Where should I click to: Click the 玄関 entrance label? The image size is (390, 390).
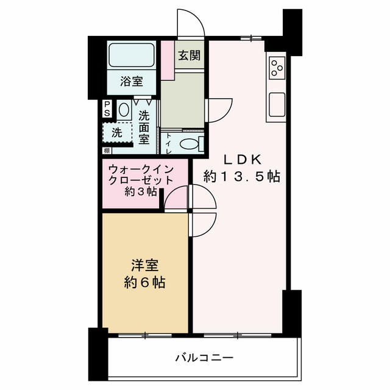pyautogui.click(x=190, y=55)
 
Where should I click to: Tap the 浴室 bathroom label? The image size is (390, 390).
pyautogui.click(x=132, y=81)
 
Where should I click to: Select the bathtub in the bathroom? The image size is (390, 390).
pyautogui.click(x=132, y=55)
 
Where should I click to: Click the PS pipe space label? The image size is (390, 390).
pyautogui.click(x=107, y=108)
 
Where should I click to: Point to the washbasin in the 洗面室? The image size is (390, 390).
pyautogui.click(x=124, y=110)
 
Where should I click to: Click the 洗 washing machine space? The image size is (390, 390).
pyautogui.click(x=117, y=133)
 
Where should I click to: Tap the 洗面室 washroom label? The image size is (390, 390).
pyautogui.click(x=144, y=127)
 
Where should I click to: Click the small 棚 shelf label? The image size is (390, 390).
pyautogui.click(x=107, y=151)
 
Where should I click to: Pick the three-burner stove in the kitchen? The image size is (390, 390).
pyautogui.click(x=277, y=68)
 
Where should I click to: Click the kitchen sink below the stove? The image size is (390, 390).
pyautogui.click(x=277, y=104)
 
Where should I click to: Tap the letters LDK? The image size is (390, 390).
pyautogui.click(x=243, y=160)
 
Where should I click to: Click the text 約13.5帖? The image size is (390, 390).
pyautogui.click(x=242, y=177)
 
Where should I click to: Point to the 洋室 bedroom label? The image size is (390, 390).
pyautogui.click(x=145, y=265)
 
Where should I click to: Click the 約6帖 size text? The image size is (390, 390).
pyautogui.click(x=145, y=283)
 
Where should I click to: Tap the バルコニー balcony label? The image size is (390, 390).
pyautogui.click(x=205, y=358)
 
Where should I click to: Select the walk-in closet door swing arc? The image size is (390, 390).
pyautogui.click(x=172, y=193)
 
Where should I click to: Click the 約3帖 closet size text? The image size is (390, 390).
pyautogui.click(x=141, y=191)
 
